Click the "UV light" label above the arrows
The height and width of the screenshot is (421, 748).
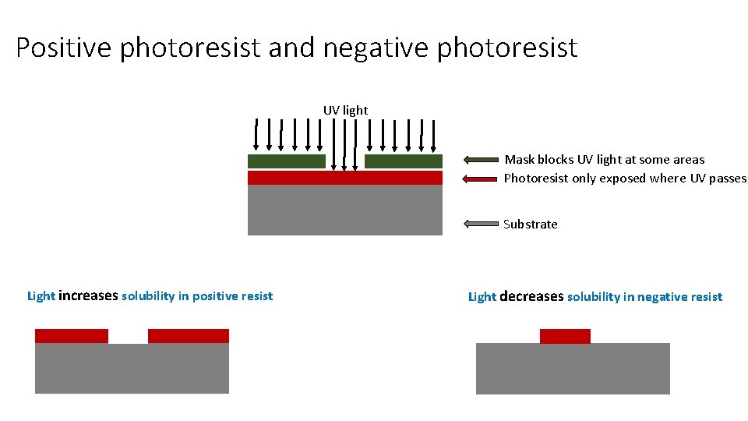tap(345, 111)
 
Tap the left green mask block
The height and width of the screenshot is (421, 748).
tap(286, 161)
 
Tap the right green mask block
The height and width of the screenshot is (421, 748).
tap(403, 161)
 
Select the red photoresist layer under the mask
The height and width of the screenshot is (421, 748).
tap(344, 178)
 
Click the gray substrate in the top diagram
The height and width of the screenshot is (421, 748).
tap(344, 210)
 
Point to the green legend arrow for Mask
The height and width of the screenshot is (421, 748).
tap(480, 161)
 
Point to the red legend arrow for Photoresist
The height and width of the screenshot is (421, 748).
tap(480, 179)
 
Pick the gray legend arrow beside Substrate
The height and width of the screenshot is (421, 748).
tap(480, 225)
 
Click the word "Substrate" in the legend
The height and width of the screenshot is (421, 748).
tap(531, 225)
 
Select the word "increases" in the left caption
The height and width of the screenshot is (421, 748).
tap(88, 296)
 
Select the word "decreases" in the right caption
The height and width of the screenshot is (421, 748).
tap(531, 297)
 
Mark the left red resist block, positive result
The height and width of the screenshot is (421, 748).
tap(72, 336)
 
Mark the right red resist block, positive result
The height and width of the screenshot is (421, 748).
tap(189, 336)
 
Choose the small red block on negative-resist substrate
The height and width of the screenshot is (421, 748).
tap(565, 336)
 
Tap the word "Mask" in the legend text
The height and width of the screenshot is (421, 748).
tap(520, 160)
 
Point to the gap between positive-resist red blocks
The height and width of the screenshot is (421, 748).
tap(128, 336)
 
